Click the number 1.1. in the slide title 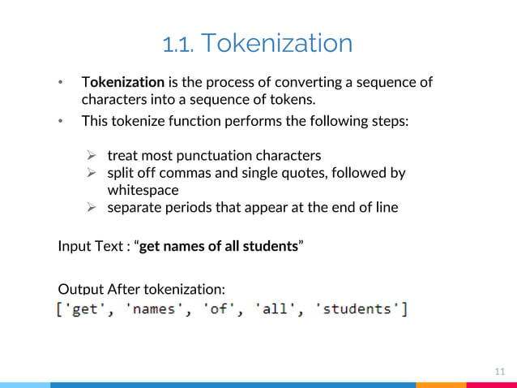[x=177, y=44]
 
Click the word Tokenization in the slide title [x=276, y=44]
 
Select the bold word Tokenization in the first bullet [x=123, y=83]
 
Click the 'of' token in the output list [x=219, y=310]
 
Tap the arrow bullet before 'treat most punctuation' [x=92, y=155]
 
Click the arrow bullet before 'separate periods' [x=92, y=208]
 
